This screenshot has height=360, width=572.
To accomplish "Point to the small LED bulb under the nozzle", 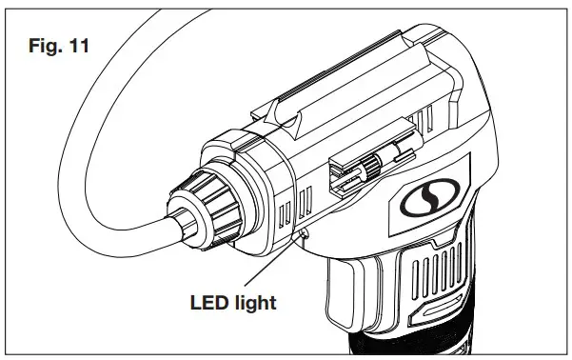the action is pyautogui.click(x=303, y=231).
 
